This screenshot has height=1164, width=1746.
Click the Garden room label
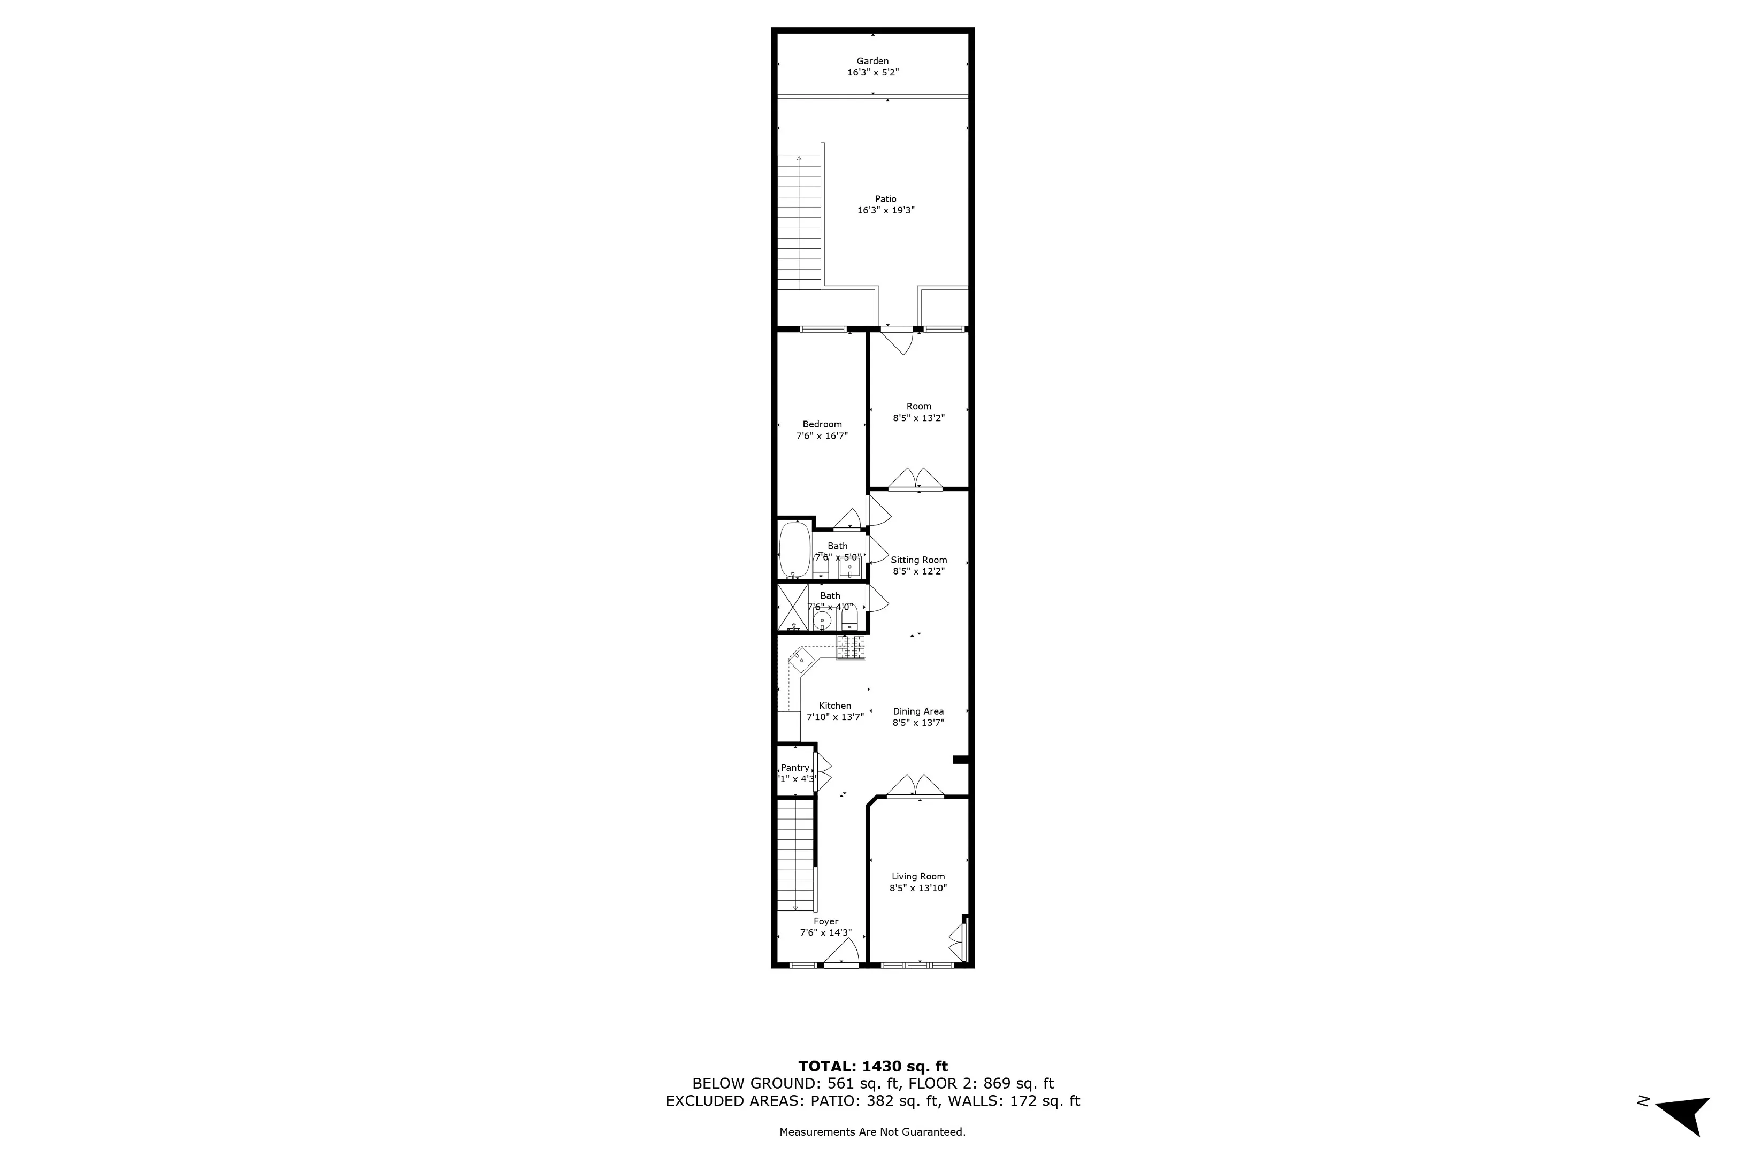872,61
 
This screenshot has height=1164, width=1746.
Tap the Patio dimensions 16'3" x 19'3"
886,211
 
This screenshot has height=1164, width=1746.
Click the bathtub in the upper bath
794,550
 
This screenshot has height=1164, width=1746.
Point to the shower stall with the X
792,607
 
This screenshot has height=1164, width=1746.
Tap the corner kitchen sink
801,658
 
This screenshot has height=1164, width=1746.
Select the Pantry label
795,768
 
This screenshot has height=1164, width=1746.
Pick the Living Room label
918,876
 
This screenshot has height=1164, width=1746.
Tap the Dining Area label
918,711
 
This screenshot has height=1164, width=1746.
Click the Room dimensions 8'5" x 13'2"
919,418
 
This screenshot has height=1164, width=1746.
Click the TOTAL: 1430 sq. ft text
873,1067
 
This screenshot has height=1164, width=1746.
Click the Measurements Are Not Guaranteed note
872,1132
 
